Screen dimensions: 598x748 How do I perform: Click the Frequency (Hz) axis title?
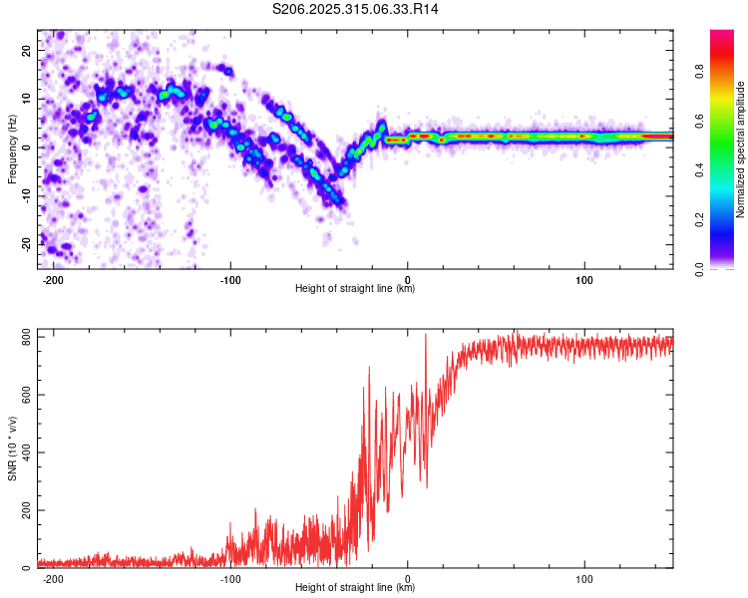click(x=11, y=148)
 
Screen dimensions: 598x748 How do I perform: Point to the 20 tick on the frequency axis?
click(x=27, y=50)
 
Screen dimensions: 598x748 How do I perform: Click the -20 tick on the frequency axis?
click(x=25, y=244)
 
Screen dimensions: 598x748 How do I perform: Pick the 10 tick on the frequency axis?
click(x=27, y=99)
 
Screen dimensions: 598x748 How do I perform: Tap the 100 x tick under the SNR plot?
click(x=584, y=578)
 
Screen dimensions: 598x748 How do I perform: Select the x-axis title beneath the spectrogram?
click(x=355, y=289)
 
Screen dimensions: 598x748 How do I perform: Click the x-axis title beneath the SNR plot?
click(x=355, y=589)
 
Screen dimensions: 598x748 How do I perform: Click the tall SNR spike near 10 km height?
click(x=426, y=336)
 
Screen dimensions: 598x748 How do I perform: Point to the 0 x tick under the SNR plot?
click(x=408, y=578)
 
